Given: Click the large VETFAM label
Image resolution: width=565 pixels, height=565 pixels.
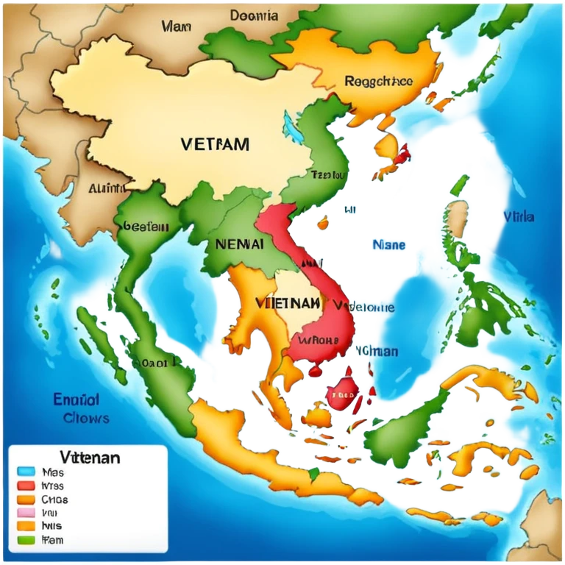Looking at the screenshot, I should coord(214,143).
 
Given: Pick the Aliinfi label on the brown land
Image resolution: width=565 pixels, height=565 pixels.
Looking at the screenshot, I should coord(107,188).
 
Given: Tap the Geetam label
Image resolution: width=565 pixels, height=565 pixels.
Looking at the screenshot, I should coord(146,227).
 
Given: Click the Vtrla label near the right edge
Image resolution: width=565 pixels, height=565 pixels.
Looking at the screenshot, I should coord(519,217).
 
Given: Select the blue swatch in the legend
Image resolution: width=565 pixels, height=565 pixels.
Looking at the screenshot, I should coord(26,472).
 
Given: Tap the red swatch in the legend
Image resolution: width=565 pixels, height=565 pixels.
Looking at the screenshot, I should coord(26,486).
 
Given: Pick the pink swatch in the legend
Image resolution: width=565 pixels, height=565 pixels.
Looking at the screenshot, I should coord(26,513).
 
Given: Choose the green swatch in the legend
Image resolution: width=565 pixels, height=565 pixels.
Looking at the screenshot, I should coord(26,540).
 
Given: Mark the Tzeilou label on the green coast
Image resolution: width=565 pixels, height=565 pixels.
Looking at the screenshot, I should coord(328,175).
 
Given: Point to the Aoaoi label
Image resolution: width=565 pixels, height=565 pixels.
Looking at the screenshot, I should coord(154,362).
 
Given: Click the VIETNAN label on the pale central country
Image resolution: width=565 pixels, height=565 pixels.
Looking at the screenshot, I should coord(288,302).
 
